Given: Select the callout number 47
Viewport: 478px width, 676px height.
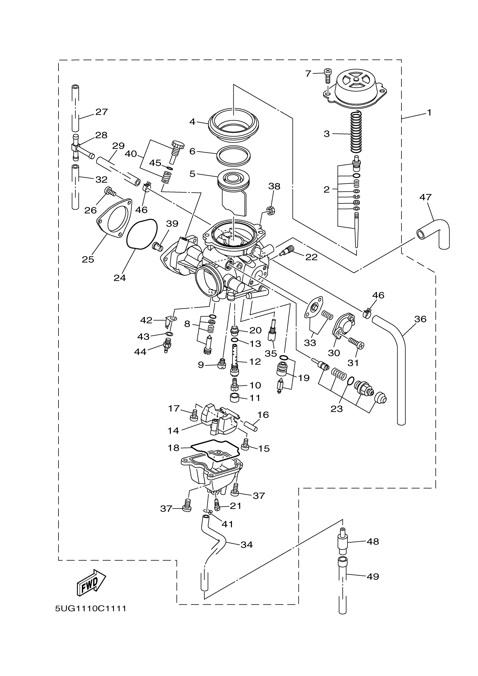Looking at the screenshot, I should click(x=425, y=197).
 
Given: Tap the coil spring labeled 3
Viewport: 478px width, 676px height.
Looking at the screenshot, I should click(x=356, y=132).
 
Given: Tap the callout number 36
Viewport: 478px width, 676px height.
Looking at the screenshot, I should click(x=420, y=319).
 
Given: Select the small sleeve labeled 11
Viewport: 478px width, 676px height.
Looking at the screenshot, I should click(x=234, y=398).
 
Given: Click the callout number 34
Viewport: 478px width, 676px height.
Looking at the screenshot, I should click(x=247, y=545).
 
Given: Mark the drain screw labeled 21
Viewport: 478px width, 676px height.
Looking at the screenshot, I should click(x=217, y=505).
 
